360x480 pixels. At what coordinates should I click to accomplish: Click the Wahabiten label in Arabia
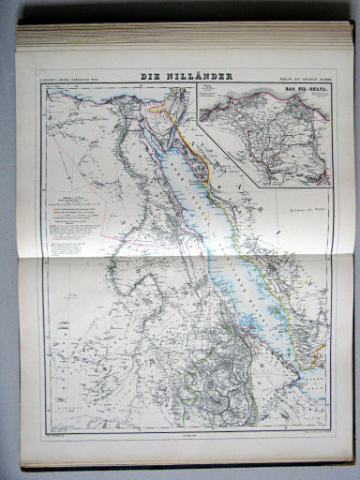tap(299, 220)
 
